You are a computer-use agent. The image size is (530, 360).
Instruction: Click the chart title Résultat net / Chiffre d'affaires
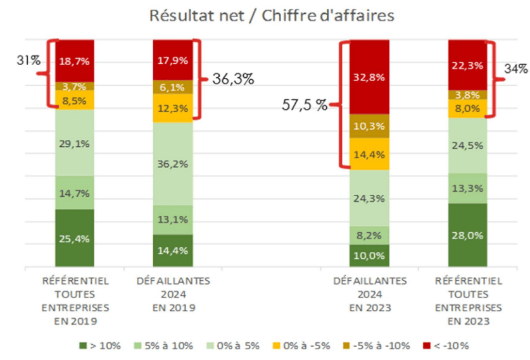click(x=272, y=15)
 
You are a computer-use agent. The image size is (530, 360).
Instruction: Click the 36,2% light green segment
click(x=172, y=163)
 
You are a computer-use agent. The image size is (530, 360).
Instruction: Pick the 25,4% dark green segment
click(x=75, y=238)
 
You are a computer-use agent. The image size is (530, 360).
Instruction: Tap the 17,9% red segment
click(x=172, y=61)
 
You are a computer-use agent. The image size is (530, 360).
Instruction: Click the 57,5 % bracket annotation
click(x=305, y=105)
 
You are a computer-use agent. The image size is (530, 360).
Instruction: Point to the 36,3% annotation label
click(x=233, y=79)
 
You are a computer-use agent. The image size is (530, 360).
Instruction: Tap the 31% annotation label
click(x=28, y=61)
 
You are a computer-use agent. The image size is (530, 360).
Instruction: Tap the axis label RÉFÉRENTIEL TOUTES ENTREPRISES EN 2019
click(x=75, y=301)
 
